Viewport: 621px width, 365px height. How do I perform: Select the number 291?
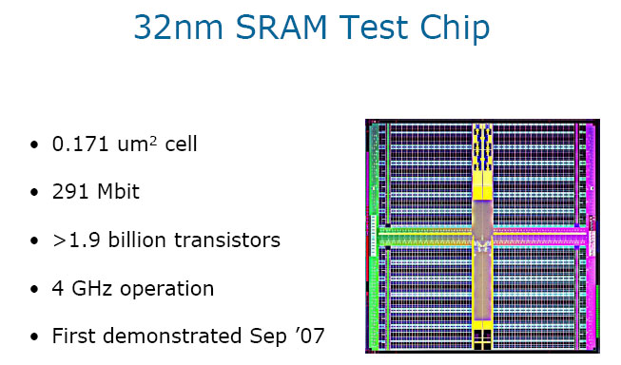[69, 192]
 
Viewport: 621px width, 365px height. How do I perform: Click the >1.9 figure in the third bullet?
[72, 240]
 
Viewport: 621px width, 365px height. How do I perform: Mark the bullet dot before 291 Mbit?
[35, 193]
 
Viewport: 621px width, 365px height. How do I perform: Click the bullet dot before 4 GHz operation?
[35, 289]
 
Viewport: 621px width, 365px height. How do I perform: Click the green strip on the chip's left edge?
[372, 238]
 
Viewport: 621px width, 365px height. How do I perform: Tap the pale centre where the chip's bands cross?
[483, 234]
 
